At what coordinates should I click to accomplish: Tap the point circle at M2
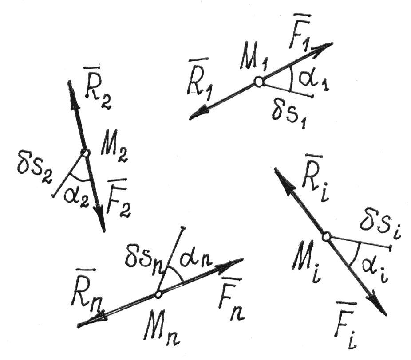pos(85,153)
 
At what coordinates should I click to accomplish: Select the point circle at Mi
pos(326,237)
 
